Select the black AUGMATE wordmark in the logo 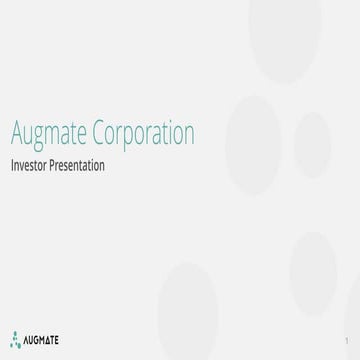click(40, 340)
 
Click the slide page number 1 click(344, 341)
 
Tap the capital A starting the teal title click(14, 133)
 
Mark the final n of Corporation click(189, 135)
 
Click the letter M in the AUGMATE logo click(40, 340)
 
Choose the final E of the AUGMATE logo click(56, 340)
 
